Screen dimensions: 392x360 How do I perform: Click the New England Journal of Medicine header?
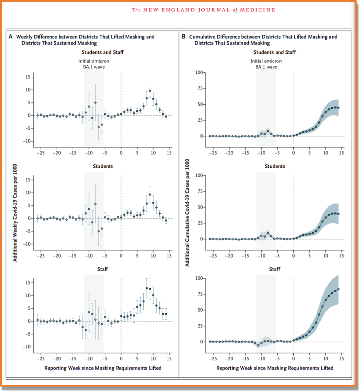pos(204,10)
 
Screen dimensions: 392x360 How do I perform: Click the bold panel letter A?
pos(11,37)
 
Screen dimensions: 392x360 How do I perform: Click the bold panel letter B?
pos(184,37)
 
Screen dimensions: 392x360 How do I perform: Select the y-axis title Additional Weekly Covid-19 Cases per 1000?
pos(15,213)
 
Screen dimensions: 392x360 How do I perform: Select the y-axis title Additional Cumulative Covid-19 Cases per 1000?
pos(187,213)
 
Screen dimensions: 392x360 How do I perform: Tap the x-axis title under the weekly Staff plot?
pos(103,368)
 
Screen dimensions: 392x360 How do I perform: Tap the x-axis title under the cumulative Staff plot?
pos(275,368)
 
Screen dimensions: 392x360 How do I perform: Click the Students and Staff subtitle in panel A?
pos(103,52)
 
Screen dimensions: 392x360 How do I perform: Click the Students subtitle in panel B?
pos(275,166)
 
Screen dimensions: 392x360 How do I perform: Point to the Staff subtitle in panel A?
pos(103,269)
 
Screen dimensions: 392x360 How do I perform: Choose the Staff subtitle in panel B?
pos(275,269)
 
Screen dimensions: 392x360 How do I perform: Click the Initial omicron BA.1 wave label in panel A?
pos(94,64)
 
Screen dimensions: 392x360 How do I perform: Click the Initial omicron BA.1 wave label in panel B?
pos(266,64)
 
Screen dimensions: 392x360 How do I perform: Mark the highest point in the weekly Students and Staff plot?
pos(150,91)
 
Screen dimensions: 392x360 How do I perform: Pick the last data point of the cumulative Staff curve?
pos(339,289)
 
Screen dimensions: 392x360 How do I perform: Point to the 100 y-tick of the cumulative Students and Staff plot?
pos(199,73)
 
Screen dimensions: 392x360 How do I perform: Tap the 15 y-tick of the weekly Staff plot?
pos(29,283)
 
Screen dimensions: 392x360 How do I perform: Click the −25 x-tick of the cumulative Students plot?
pos(212,256)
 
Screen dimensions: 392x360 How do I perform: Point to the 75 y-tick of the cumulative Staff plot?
pos(200,294)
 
